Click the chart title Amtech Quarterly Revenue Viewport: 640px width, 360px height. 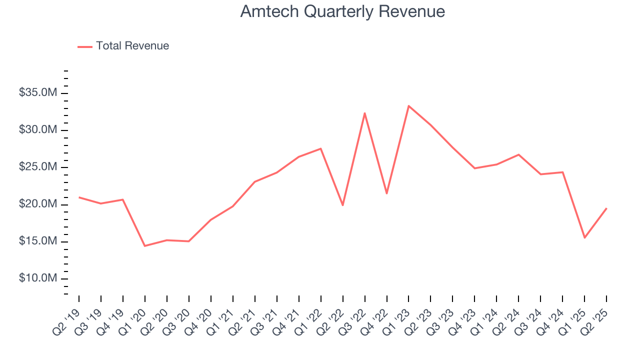pyautogui.click(x=342, y=11)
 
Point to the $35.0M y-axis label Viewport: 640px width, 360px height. pyautogui.click(x=38, y=93)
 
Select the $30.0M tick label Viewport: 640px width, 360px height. pyautogui.click(x=38, y=130)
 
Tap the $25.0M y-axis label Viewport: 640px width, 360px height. pyautogui.click(x=38, y=167)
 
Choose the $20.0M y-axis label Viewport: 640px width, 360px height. pyautogui.click(x=38, y=204)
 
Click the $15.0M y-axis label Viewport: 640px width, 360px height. pyautogui.click(x=38, y=241)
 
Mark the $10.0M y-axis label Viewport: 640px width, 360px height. pyautogui.click(x=38, y=278)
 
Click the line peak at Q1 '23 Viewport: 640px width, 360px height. pyautogui.click(x=408, y=106)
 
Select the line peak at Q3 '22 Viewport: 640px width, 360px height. pyautogui.click(x=365, y=113)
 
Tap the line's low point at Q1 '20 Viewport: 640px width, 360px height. pyautogui.click(x=145, y=246)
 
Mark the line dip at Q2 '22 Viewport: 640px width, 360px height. pyautogui.click(x=343, y=205)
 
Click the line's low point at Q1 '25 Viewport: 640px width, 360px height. pyautogui.click(x=584, y=237)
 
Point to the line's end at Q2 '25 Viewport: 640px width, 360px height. pyautogui.click(x=606, y=208)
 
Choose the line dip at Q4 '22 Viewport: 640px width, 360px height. pyautogui.click(x=387, y=193)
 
